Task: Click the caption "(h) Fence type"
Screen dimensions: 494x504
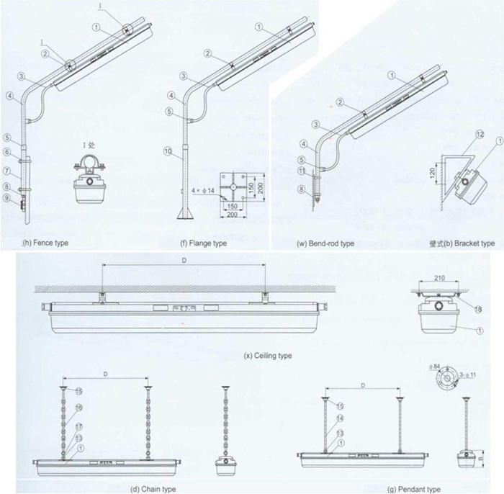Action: (46, 243)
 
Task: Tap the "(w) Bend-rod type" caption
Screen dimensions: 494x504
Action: (325, 243)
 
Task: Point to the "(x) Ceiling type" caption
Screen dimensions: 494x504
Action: (268, 356)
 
